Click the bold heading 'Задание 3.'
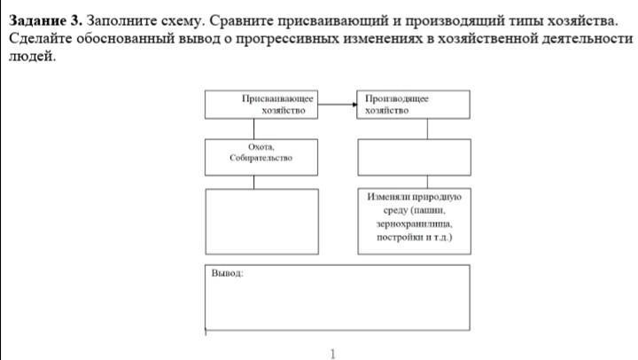click(44, 20)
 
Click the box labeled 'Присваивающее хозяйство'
click(262, 105)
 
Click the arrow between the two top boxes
click(338, 105)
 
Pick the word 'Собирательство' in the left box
click(261, 160)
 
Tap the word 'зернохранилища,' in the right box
click(414, 224)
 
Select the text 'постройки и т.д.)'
click(414, 238)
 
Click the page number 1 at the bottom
click(332, 354)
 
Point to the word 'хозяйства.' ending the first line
click(580, 20)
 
